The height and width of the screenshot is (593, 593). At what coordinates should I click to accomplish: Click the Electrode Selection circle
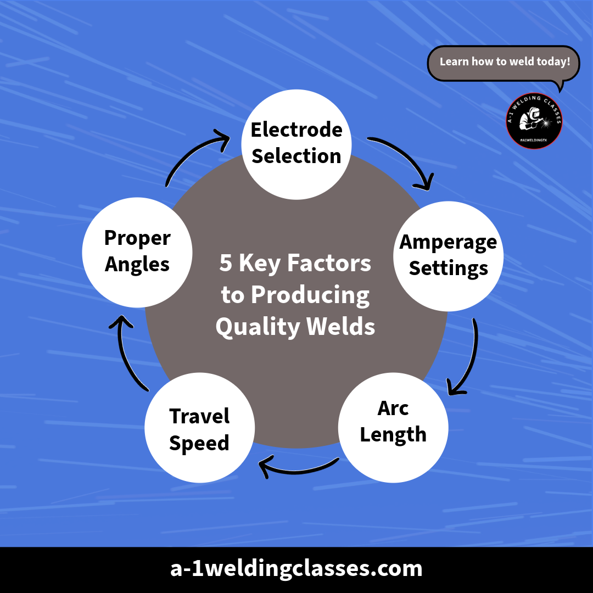pos(296,144)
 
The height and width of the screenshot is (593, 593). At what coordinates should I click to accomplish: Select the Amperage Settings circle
pos(448,256)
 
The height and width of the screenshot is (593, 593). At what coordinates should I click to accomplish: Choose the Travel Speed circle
pos(199,428)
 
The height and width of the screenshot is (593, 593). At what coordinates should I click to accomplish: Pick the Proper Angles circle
pos(137,252)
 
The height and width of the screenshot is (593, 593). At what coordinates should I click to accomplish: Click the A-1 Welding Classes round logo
pos(534,121)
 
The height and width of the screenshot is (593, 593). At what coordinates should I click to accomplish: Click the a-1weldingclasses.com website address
pos(296,568)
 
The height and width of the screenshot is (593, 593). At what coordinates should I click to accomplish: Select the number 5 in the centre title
pos(226,264)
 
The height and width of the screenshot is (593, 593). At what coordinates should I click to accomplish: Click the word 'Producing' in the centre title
pos(310,296)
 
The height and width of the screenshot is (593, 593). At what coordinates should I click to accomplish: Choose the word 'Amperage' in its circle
pos(448,242)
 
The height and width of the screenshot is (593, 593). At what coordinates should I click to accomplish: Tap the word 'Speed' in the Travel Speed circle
pos(199,443)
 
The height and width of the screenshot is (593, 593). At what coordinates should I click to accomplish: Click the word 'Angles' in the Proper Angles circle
pos(137,264)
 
